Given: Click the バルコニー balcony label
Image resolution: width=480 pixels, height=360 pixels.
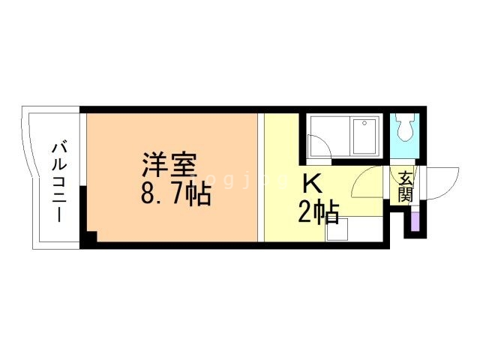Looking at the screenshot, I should pos(57,180).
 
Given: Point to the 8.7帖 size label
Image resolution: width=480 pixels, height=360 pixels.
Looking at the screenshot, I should pos(174,195).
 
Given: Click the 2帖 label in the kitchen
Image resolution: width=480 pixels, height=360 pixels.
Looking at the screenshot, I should pos(318,212).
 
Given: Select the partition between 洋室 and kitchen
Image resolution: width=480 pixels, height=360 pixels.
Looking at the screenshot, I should pos(261,177).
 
